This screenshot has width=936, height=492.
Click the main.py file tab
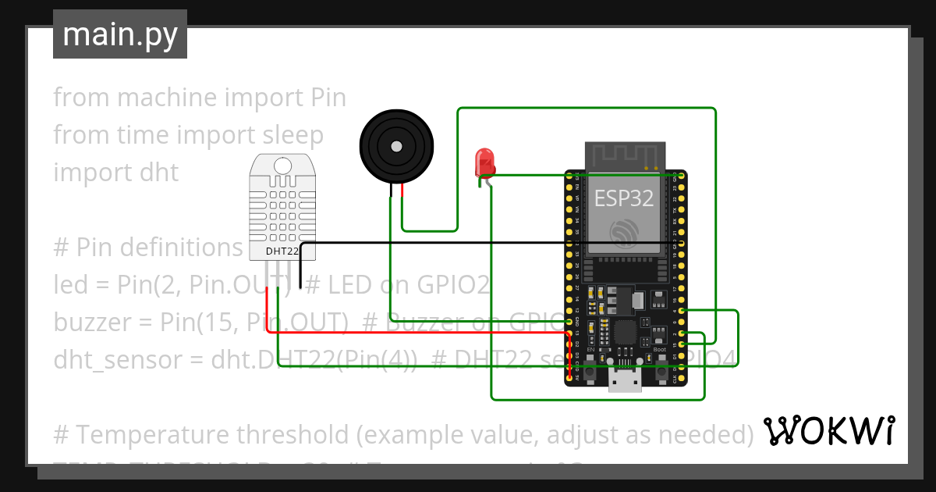pos(119,34)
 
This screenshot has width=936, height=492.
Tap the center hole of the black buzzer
pos(396,146)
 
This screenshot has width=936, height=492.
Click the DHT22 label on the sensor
pos(282,251)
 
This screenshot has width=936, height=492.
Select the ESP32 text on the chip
pos(624,198)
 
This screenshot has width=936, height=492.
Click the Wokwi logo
pos(828,430)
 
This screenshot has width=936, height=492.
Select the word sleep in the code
pos(292,135)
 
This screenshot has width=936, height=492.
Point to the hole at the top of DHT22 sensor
pos(282,165)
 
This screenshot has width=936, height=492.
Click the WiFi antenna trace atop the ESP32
pos(625,155)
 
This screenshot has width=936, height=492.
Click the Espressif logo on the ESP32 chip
pos(625,232)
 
